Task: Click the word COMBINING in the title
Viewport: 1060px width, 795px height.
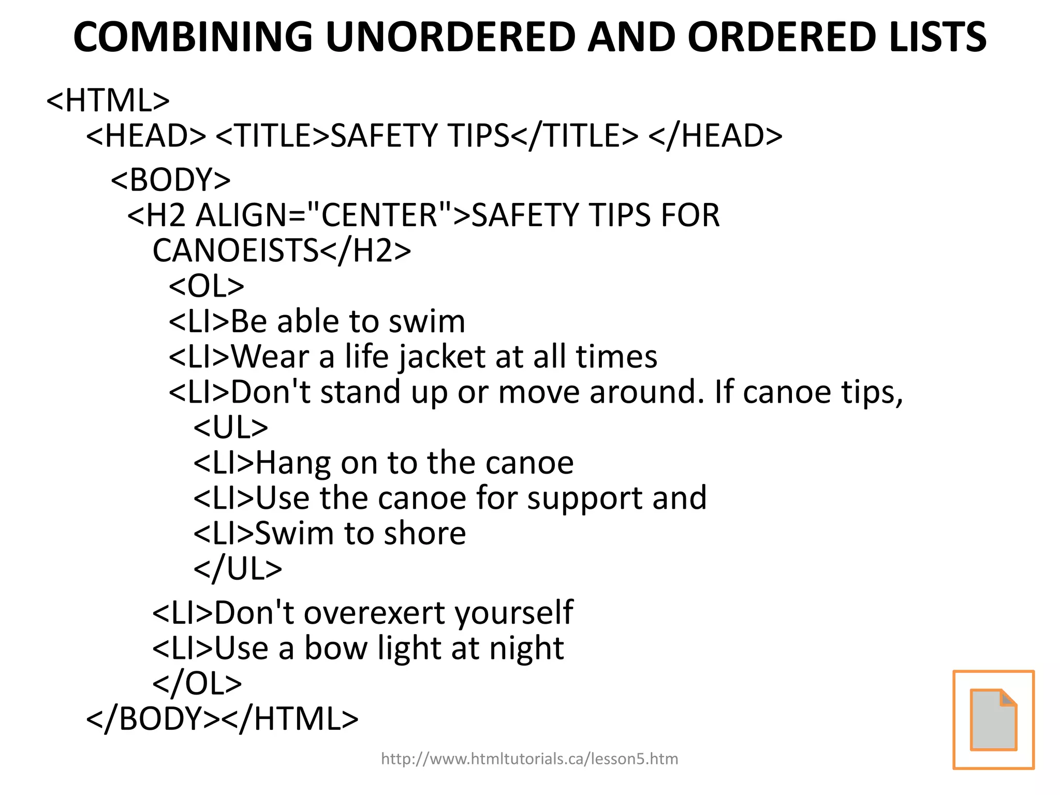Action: click(193, 37)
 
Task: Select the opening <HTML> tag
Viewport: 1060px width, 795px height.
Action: click(108, 100)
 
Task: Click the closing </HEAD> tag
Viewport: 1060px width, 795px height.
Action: click(715, 136)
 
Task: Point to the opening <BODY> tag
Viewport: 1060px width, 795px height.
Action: click(171, 180)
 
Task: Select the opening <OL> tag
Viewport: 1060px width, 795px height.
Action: click(207, 286)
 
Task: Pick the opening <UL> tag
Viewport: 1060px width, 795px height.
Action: click(231, 427)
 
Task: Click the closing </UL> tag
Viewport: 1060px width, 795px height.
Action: click(238, 569)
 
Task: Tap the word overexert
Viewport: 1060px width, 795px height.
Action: click(375, 613)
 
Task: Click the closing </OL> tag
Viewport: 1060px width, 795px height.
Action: click(197, 683)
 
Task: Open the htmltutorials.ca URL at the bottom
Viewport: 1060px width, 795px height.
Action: click(529, 759)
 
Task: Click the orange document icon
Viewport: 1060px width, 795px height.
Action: click(993, 719)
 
